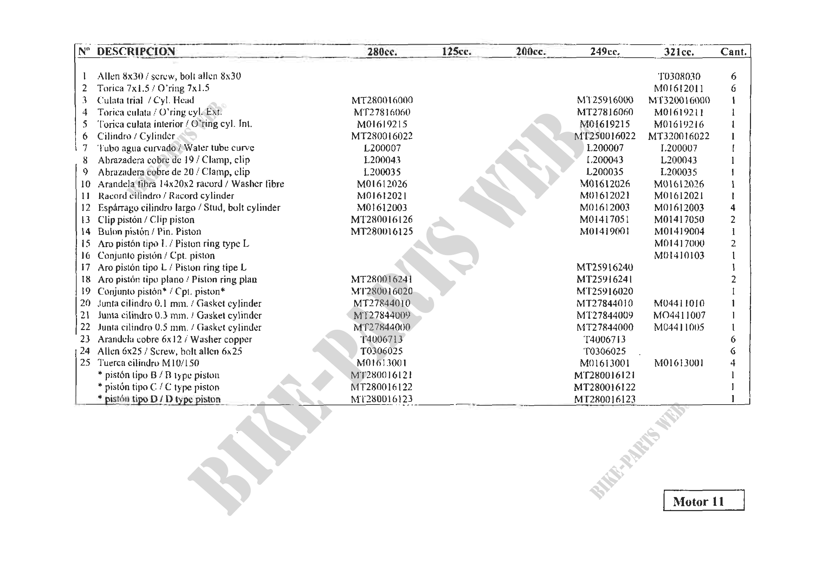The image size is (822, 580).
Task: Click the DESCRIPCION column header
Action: (x=136, y=52)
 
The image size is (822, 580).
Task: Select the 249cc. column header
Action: (x=605, y=52)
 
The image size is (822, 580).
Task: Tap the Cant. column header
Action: (x=733, y=52)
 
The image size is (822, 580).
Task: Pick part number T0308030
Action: (x=679, y=76)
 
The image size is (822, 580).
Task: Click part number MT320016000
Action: (x=679, y=100)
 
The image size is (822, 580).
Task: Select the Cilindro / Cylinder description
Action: (x=136, y=136)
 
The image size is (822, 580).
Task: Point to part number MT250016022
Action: (x=605, y=136)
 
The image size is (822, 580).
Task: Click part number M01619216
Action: (x=679, y=124)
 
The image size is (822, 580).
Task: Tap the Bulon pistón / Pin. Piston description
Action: (x=149, y=232)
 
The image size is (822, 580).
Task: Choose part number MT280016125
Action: (x=382, y=232)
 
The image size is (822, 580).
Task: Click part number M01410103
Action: (x=679, y=256)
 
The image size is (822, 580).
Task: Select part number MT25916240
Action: (x=605, y=268)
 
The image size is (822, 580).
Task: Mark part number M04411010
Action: (x=679, y=303)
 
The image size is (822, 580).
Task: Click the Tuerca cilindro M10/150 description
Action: (x=148, y=363)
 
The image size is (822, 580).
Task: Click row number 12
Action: (x=85, y=208)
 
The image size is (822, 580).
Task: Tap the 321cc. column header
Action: (x=679, y=52)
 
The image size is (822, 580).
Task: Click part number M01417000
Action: (x=679, y=244)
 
